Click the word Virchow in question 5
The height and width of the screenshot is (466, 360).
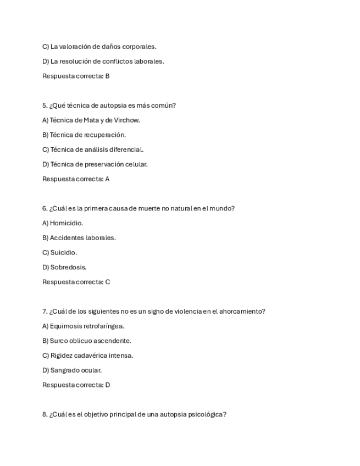(127, 120)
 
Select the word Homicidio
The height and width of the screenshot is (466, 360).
(67, 223)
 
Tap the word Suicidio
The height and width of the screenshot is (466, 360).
(64, 253)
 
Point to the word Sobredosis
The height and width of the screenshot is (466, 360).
(68, 268)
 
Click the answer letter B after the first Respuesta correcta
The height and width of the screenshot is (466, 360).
(107, 76)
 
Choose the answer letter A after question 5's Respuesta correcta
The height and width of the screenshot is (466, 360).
(107, 179)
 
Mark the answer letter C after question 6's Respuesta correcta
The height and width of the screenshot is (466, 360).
(108, 282)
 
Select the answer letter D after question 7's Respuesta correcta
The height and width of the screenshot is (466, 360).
(108, 385)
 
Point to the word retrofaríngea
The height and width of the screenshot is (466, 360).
(104, 326)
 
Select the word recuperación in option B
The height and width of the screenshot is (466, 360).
(104, 135)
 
